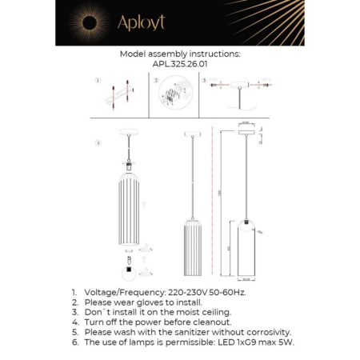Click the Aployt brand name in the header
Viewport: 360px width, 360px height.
141,23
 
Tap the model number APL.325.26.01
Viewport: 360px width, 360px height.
179,66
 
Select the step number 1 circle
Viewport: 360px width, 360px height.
95,81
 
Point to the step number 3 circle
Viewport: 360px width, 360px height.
204,81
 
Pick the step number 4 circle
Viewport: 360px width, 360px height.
98,145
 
